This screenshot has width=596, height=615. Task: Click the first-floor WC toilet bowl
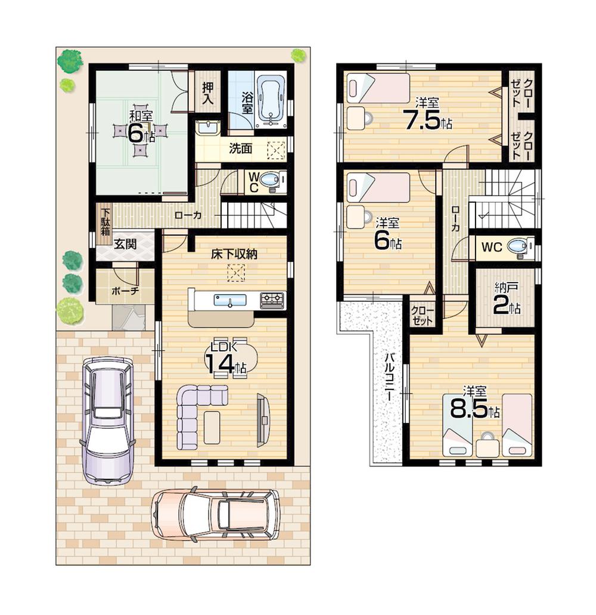272,180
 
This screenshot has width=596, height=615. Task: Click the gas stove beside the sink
272,299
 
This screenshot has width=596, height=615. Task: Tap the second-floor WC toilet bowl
517,246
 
